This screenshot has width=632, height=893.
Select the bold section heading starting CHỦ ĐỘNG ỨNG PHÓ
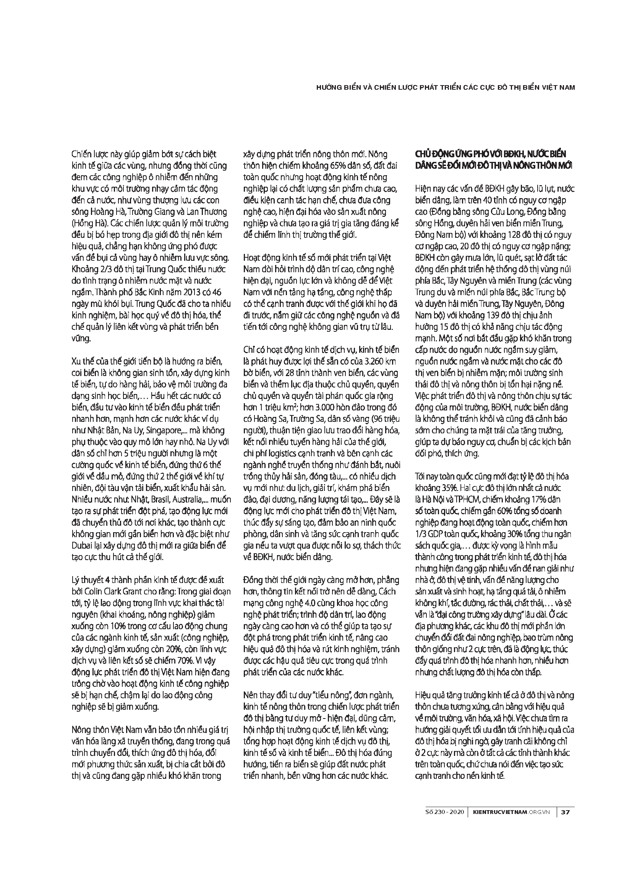pos(491,159)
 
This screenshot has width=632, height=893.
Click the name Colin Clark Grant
pos(112,591)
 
